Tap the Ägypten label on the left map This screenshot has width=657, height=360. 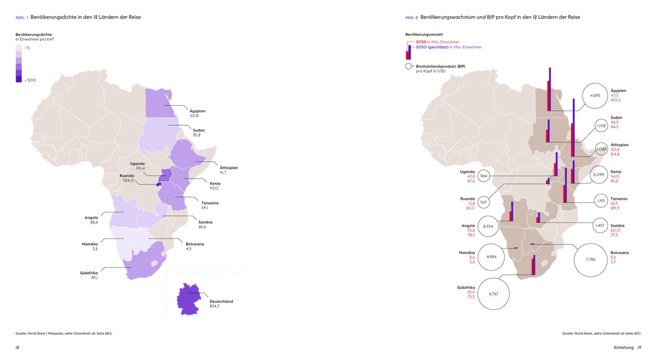click(198, 111)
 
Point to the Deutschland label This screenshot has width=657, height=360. click(221, 301)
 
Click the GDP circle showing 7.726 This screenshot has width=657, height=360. click(592, 259)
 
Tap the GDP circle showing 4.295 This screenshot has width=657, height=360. click(594, 96)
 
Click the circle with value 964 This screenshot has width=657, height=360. click(484, 176)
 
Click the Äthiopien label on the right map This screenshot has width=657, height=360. click(620, 145)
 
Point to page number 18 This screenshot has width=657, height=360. click(18, 347)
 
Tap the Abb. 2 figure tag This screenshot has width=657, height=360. click(411, 17)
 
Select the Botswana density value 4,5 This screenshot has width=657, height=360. click(189, 248)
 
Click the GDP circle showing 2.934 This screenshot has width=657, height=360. click(487, 227)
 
